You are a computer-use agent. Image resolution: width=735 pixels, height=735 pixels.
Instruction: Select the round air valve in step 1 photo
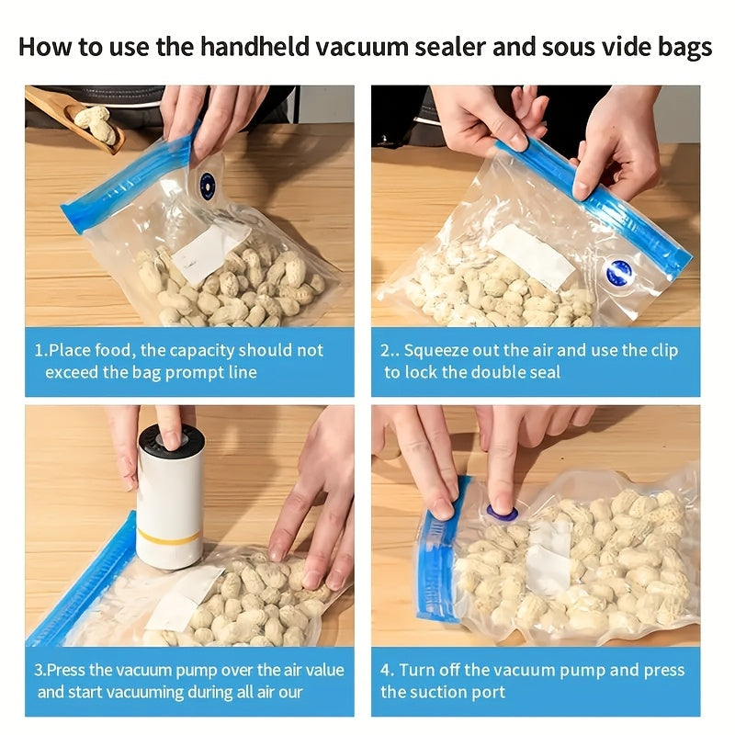tap(209, 183)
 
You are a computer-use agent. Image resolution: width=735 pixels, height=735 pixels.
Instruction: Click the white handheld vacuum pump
tap(170, 496)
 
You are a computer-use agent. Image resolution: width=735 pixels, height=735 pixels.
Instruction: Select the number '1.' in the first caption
tap(40, 350)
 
